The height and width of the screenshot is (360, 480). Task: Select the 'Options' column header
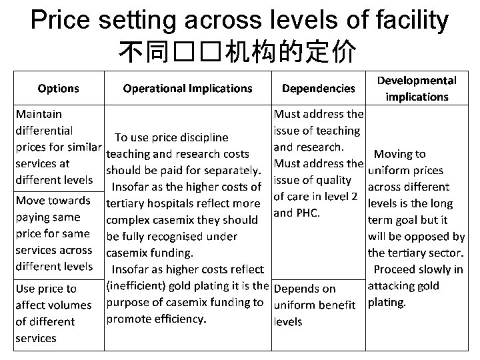coord(59,88)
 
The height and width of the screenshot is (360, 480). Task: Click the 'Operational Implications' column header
coord(187,88)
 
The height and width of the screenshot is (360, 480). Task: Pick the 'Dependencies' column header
coord(319,88)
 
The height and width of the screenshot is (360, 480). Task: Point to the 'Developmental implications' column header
coord(417,88)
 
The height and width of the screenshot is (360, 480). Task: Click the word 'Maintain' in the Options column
coord(39,114)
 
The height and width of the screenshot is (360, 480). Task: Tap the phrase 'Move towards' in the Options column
coord(53,201)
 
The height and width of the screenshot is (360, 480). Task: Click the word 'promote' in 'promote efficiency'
coord(127,319)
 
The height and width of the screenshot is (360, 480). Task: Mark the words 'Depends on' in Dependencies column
coord(305,289)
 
